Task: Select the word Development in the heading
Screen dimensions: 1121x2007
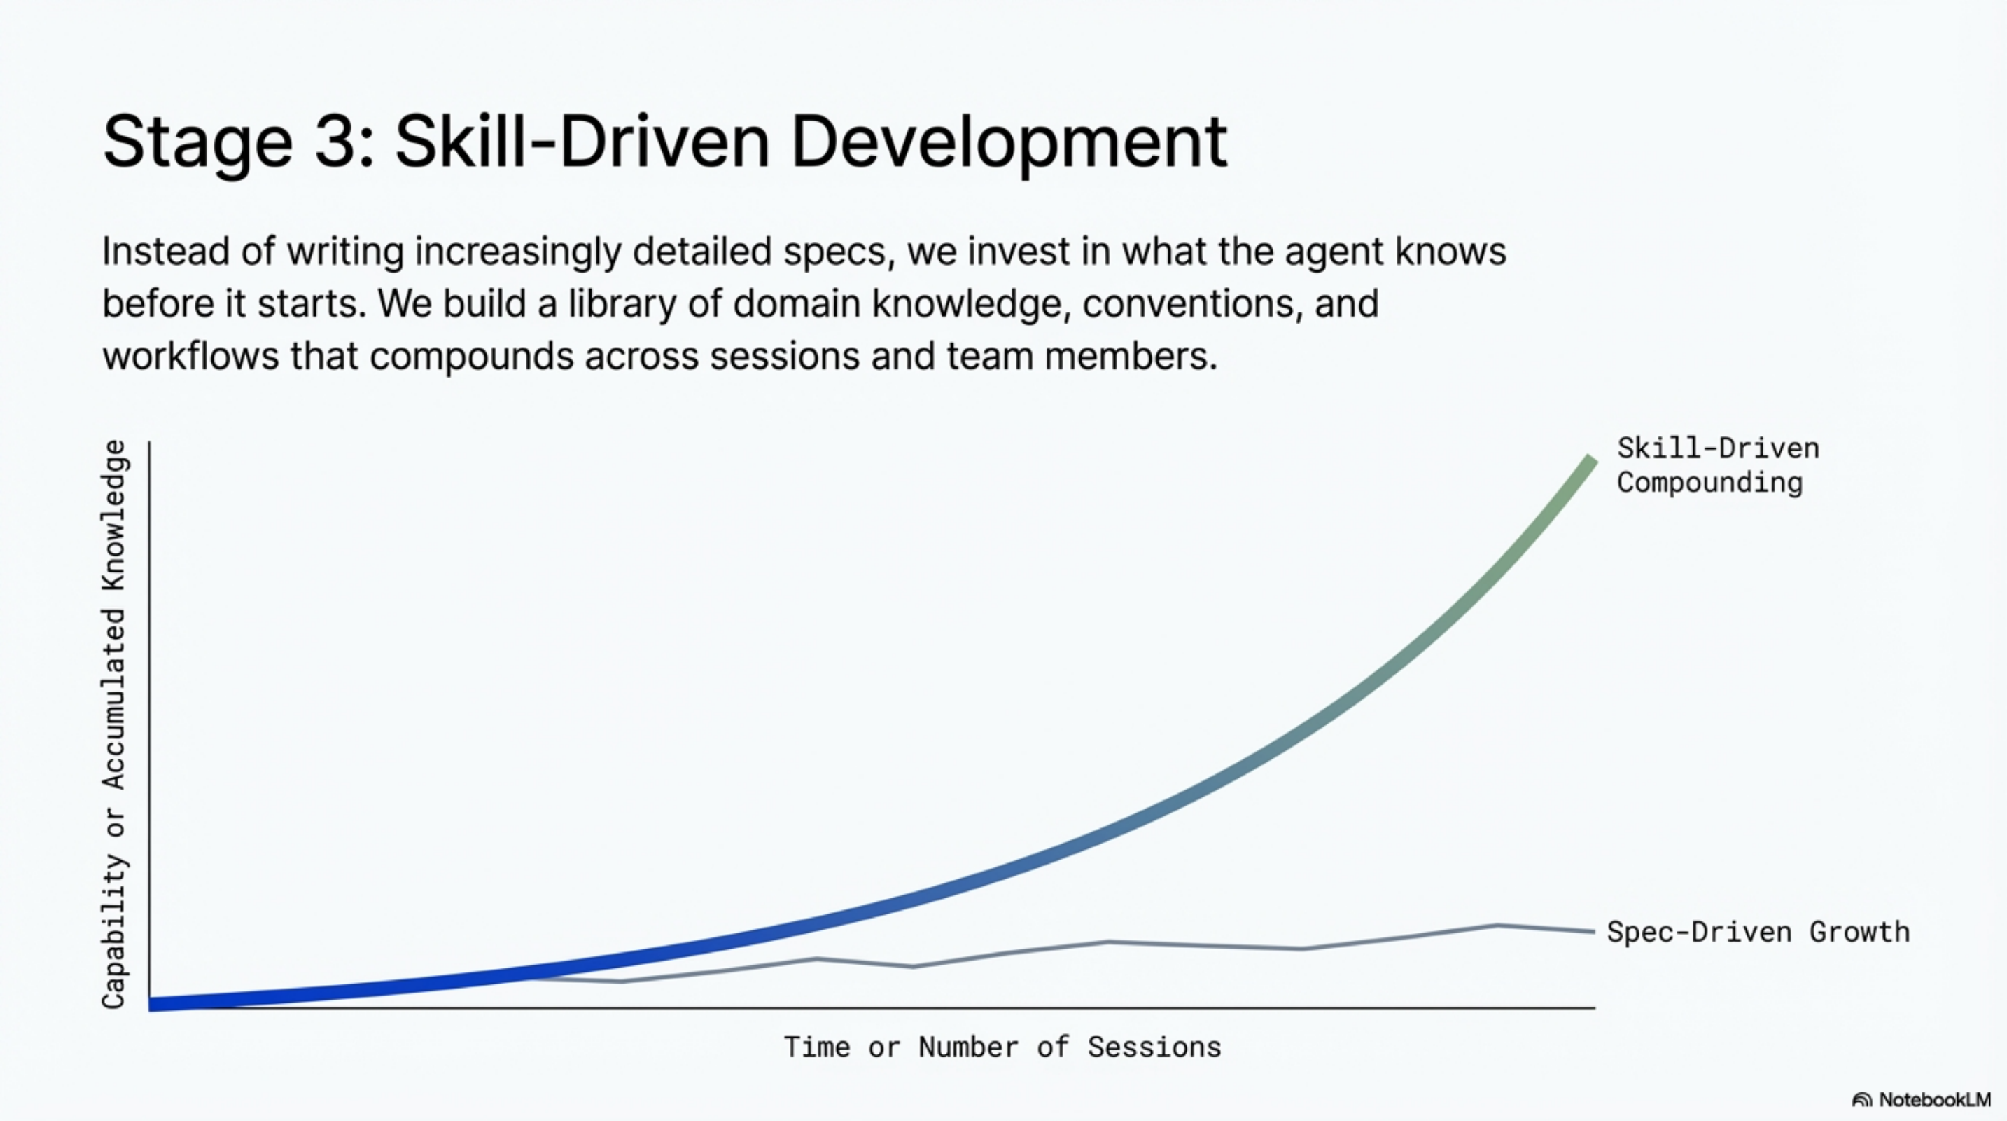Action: tap(1009, 143)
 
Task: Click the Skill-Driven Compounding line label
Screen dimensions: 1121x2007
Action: tap(1716, 465)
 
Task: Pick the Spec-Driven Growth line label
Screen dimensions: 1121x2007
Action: tap(1758, 933)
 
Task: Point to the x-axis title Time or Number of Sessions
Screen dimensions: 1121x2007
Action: tap(1002, 1047)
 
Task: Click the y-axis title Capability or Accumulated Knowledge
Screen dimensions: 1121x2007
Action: tap(113, 724)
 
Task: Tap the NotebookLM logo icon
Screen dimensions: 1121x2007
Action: tap(1861, 1100)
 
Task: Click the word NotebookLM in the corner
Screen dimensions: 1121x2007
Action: tap(1934, 1100)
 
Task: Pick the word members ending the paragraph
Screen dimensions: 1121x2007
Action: tap(1129, 356)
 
